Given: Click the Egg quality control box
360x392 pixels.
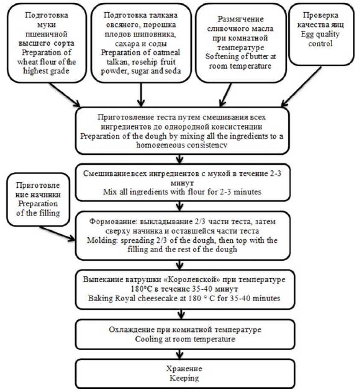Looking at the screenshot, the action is (x=322, y=35).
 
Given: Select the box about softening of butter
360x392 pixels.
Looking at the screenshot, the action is (x=240, y=43).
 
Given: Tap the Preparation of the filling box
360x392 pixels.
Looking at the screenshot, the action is (x=38, y=200).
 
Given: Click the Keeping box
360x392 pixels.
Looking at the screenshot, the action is (x=185, y=374).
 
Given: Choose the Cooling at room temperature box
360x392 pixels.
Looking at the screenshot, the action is (x=185, y=334).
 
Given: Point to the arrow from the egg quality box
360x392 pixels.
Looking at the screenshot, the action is (x=301, y=87).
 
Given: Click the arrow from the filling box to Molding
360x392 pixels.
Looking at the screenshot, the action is (x=57, y=234).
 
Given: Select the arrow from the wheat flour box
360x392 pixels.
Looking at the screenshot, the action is (x=65, y=95).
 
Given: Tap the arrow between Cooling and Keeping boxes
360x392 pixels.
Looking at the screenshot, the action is (x=180, y=354).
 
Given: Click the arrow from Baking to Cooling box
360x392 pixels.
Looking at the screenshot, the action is (x=181, y=314).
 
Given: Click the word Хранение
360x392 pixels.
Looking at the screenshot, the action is (x=184, y=369).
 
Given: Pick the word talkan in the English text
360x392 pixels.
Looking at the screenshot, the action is (x=117, y=62).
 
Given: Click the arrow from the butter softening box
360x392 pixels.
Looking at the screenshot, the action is (x=225, y=95).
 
